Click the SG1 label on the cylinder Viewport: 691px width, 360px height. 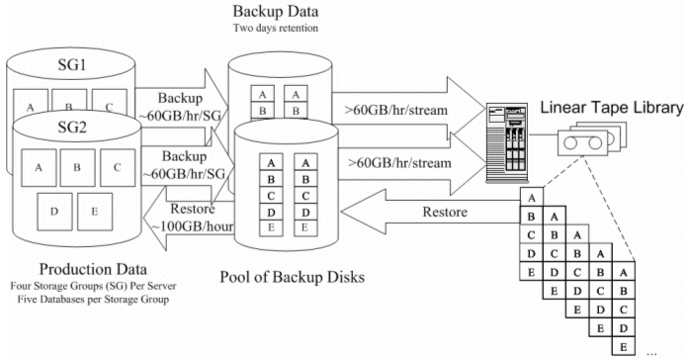coord(72,64)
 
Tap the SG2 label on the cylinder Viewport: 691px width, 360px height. coord(72,128)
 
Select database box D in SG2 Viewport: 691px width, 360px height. coord(54,212)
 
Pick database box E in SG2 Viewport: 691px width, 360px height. coord(95,212)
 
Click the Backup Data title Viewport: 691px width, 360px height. coord(276,11)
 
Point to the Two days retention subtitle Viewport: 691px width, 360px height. coord(276,28)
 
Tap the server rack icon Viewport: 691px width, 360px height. coord(507,142)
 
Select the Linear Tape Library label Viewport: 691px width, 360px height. coord(612,108)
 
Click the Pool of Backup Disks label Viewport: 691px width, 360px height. coord(293,277)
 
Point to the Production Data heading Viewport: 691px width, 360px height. coord(93,269)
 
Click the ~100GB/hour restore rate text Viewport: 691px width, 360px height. coord(193,226)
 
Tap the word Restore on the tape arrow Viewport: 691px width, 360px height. coord(445,212)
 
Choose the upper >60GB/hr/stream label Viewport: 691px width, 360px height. coord(395,110)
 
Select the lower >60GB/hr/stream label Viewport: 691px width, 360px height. coord(399,163)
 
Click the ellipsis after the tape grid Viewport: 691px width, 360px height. coord(651,353)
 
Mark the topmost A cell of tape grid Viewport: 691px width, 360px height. coord(532,198)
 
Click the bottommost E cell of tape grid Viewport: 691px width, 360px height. coord(623,347)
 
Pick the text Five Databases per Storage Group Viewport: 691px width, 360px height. coord(93,300)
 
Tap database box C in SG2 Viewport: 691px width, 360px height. coord(118,167)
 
